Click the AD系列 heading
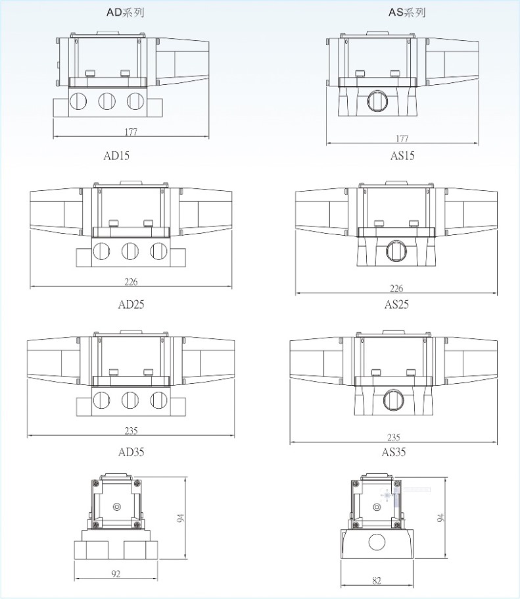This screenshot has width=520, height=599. pyautogui.click(x=125, y=13)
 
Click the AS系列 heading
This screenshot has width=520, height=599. pyautogui.click(x=407, y=13)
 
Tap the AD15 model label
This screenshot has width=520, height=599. pyautogui.click(x=116, y=155)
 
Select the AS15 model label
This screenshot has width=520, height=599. pyautogui.click(x=402, y=155)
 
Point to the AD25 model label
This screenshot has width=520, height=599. pyautogui.click(x=131, y=305)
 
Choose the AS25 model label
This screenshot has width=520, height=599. pyautogui.click(x=396, y=305)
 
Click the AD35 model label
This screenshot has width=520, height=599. pyautogui.click(x=131, y=452)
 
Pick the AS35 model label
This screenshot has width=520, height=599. pyautogui.click(x=394, y=452)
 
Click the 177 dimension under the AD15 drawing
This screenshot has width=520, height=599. pyautogui.click(x=131, y=132)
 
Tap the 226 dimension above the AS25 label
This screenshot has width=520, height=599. pyautogui.click(x=396, y=288)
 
